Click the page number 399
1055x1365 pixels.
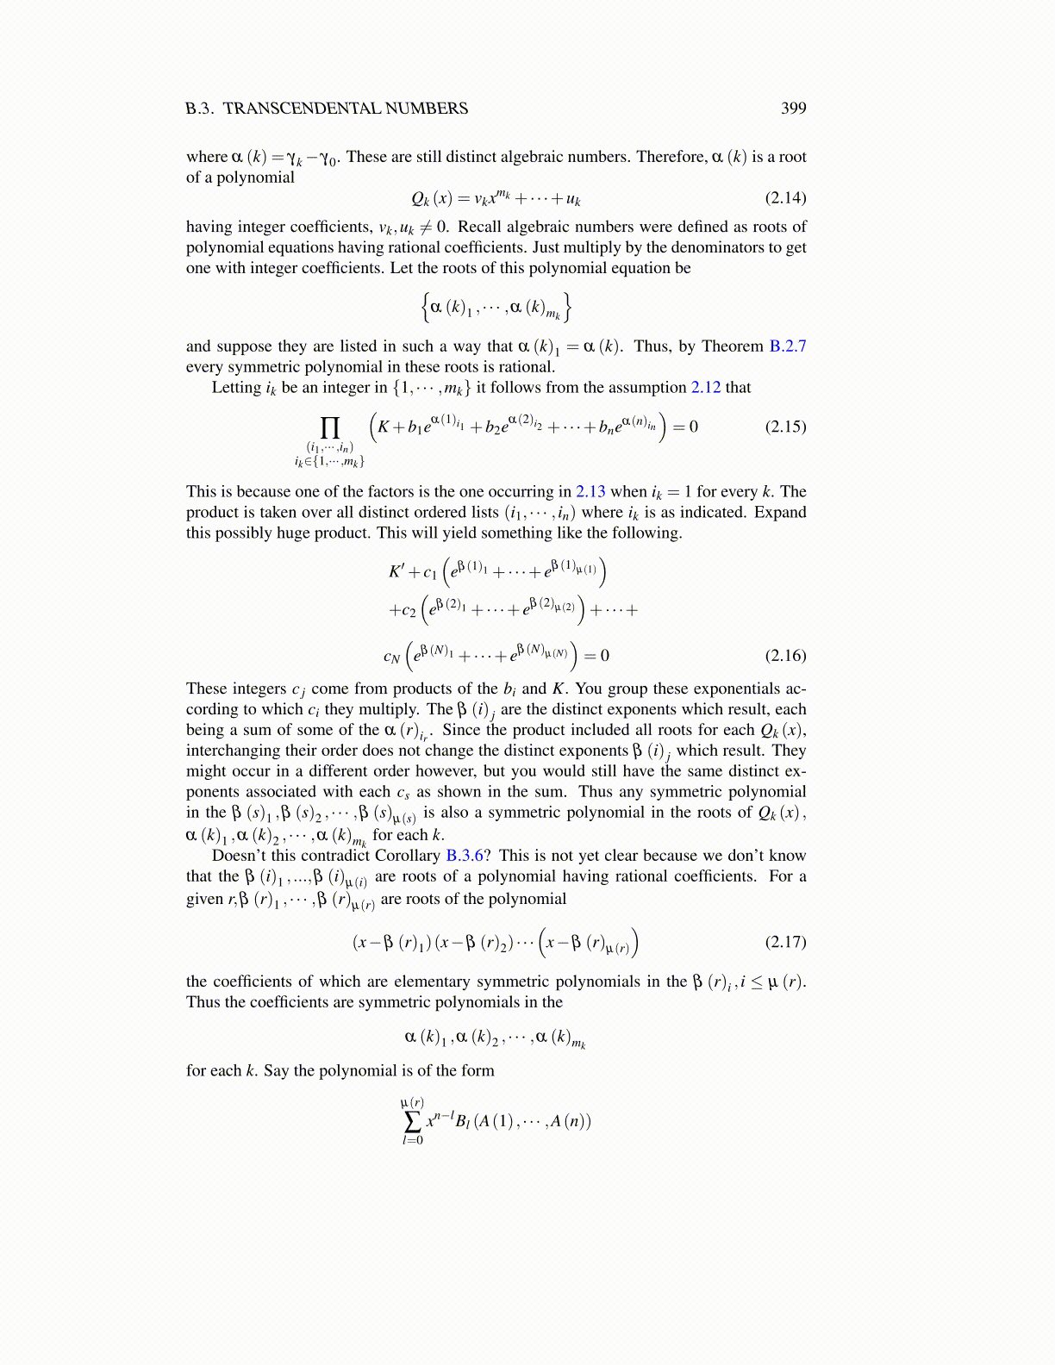(793, 108)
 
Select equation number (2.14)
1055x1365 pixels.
(785, 197)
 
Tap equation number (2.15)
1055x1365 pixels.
(785, 427)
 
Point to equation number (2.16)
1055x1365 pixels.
(785, 655)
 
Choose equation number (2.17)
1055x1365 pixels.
(785, 941)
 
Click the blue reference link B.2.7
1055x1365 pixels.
(787, 346)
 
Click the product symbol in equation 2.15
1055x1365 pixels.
(329, 427)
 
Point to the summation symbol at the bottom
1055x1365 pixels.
(412, 1121)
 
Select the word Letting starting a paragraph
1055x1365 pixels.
(237, 387)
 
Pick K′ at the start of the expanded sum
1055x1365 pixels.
(396, 571)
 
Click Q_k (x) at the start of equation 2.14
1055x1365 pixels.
(431, 198)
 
